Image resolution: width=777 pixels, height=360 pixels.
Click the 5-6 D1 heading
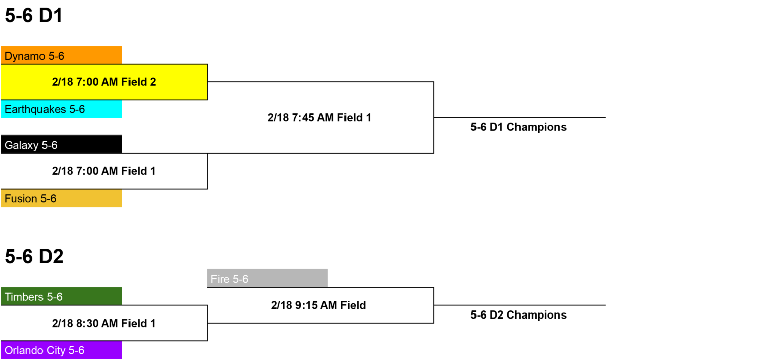click(x=34, y=16)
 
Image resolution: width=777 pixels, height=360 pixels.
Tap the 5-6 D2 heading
click(x=34, y=257)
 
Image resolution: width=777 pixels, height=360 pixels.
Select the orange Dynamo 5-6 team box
click(x=61, y=55)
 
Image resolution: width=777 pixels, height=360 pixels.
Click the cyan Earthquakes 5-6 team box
click(x=61, y=109)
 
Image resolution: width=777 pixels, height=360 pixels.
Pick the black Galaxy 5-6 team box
click(x=61, y=144)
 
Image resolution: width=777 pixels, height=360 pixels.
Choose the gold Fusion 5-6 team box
click(x=61, y=198)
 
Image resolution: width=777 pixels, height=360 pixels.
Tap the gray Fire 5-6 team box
click(x=268, y=279)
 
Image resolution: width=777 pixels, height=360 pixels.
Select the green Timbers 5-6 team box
click(x=61, y=296)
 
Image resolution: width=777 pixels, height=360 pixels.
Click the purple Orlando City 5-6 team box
click(x=61, y=350)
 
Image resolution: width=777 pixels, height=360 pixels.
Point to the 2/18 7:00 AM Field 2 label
click(x=104, y=82)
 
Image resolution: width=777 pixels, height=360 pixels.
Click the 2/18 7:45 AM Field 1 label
click(x=320, y=118)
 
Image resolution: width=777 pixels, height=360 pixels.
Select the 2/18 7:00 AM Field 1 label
click(x=104, y=171)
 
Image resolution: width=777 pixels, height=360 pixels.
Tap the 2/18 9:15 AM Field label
click(x=318, y=305)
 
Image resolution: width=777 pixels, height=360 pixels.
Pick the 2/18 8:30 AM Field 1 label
click(x=104, y=324)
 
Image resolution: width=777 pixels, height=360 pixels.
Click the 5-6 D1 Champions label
click(x=519, y=127)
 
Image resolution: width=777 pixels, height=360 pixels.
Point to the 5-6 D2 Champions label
click(x=519, y=316)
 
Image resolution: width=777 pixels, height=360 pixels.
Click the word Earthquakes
click(x=35, y=110)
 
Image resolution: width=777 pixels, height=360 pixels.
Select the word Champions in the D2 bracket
click(x=537, y=316)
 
